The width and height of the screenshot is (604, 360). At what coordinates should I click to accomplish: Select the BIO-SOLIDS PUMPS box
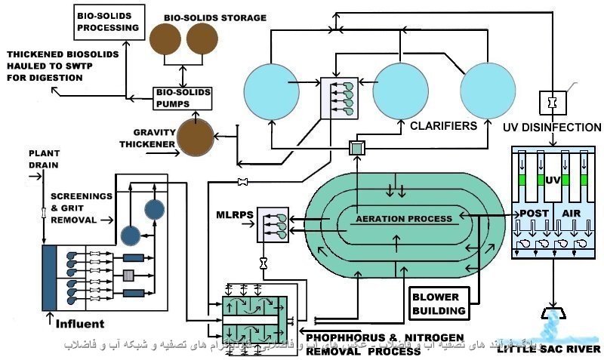tap(182, 97)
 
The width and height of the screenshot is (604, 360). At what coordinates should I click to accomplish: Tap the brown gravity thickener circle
tap(195, 135)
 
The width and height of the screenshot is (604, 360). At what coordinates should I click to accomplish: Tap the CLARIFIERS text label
tap(443, 126)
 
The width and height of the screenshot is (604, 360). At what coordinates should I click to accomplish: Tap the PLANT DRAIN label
tap(44, 158)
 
